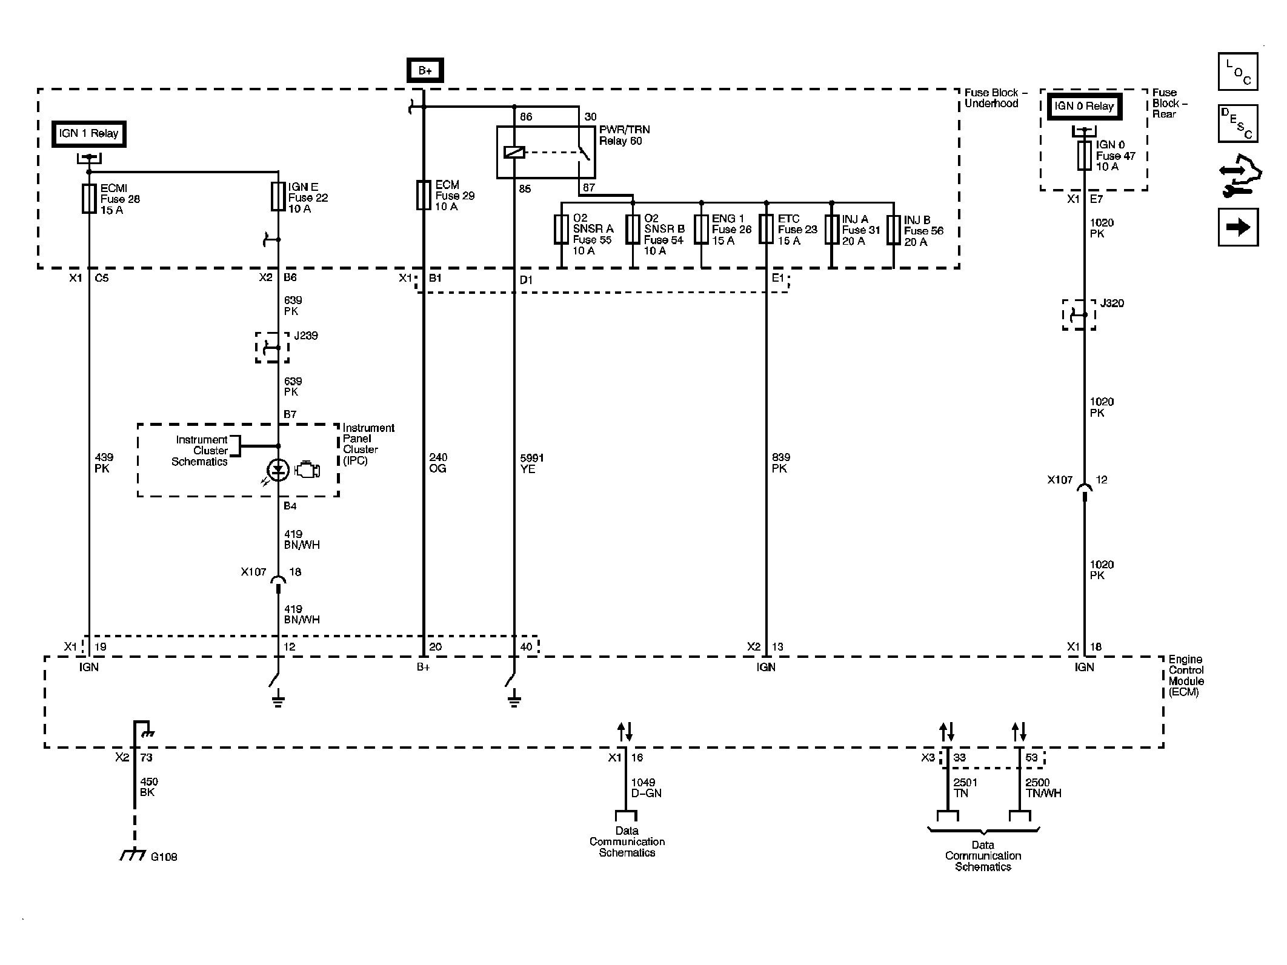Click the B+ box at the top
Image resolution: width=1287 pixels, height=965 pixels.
(x=425, y=70)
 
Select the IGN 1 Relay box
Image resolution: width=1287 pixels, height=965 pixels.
(x=88, y=133)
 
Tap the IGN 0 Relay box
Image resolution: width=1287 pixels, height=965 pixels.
(x=1084, y=107)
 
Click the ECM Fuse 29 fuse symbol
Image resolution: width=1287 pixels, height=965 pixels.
(x=423, y=195)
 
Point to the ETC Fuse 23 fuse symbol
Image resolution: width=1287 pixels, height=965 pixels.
(x=767, y=229)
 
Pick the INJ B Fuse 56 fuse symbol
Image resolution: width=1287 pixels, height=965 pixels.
(x=893, y=230)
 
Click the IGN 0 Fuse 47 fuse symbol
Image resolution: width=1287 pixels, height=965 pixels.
(x=1085, y=156)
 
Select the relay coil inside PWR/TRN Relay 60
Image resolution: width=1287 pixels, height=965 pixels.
(x=514, y=152)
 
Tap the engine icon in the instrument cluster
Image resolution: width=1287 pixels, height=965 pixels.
(x=307, y=470)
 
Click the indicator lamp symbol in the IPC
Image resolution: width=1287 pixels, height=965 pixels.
(x=278, y=470)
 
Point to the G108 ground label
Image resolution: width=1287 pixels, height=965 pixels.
(x=164, y=857)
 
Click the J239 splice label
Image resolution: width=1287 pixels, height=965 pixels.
(x=305, y=336)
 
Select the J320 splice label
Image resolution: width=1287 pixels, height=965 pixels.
(x=1112, y=303)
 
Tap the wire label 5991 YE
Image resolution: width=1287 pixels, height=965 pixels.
(x=531, y=463)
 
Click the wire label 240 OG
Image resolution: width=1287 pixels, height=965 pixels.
(x=438, y=463)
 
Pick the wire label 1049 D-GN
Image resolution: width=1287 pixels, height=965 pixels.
(x=646, y=788)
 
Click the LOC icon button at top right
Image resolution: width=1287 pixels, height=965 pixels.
(x=1238, y=71)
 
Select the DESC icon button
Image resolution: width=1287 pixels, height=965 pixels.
(x=1238, y=124)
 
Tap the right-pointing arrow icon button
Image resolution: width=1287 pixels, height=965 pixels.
(x=1238, y=227)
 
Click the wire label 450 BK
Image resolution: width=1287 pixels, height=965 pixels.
(x=148, y=787)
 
